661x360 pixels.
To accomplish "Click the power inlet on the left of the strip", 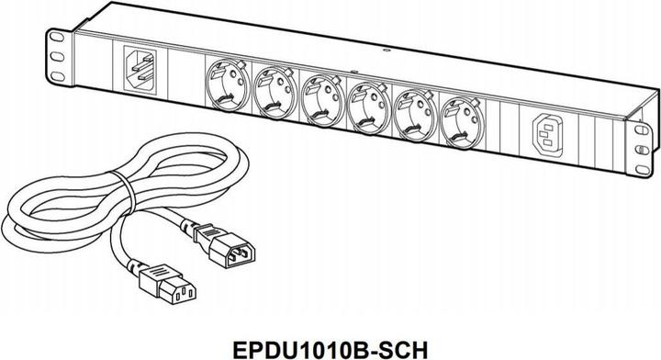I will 138,69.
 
